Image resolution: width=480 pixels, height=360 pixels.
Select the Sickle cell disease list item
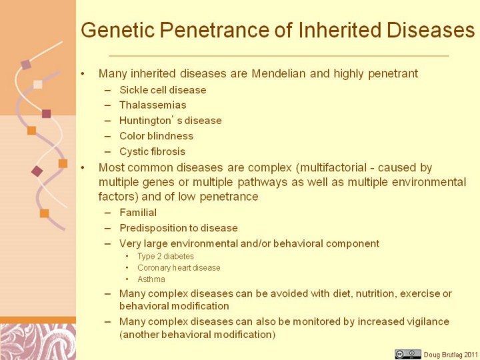pos(163,90)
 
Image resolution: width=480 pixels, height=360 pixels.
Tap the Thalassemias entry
pos(153,105)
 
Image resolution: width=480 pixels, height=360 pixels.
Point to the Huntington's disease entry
pos(171,120)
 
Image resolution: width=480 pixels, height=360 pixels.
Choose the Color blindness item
pos(157,136)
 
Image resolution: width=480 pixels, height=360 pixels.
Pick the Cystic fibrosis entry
pos(153,151)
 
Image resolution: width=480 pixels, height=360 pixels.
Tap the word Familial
pos(138,213)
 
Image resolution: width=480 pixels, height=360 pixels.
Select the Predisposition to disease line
pos(179,228)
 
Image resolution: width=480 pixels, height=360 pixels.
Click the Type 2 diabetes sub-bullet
pos(165,256)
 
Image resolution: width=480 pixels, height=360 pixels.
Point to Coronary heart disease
pos(179,268)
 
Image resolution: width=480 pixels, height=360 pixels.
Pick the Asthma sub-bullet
pos(151,279)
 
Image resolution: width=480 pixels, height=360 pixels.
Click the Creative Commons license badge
pos(408,354)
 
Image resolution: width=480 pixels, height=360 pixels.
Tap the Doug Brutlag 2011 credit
pos(451,355)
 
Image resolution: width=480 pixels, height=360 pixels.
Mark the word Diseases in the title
pos(431,30)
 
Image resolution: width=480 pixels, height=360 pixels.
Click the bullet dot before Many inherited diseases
pos(82,74)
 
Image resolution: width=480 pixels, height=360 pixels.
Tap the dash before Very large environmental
pos(107,244)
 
